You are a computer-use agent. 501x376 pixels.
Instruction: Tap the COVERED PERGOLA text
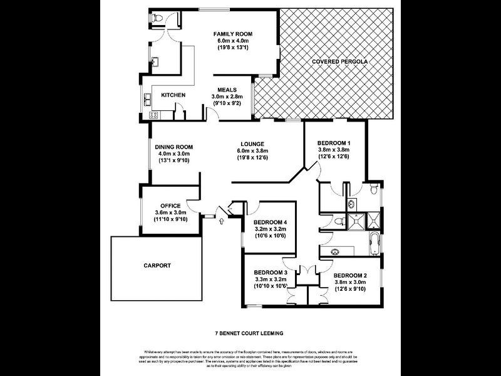coord(339,62)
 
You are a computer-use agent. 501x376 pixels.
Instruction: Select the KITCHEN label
coord(173,95)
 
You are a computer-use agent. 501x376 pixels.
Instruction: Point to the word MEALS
coord(227,90)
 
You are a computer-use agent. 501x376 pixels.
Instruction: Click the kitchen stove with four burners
coord(153,115)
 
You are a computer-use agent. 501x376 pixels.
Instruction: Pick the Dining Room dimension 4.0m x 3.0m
coord(172,154)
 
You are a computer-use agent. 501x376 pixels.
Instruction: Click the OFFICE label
coord(170,206)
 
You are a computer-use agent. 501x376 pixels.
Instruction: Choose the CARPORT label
coord(157,266)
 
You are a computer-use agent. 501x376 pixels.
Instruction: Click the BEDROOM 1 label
coord(334,143)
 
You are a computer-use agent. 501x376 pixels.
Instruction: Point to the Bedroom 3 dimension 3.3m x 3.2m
coord(270,279)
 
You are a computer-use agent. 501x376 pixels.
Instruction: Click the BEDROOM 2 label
coord(350,275)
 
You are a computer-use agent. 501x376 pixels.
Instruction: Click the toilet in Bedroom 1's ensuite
coord(374,189)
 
